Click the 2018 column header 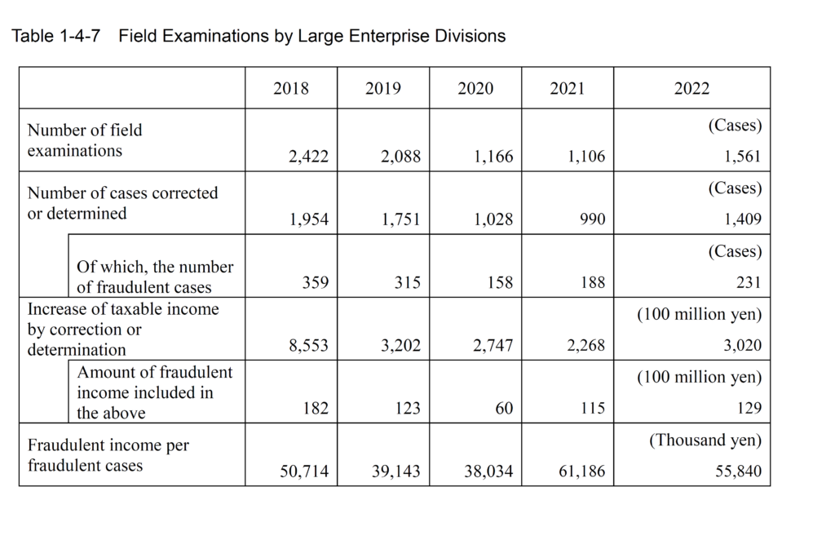[x=291, y=89]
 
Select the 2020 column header [x=475, y=89]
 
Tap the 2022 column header [x=691, y=89]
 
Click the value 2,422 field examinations [x=308, y=157]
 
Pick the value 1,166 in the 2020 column [x=493, y=157]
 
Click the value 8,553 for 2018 [x=308, y=346]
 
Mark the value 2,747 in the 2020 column [x=493, y=346]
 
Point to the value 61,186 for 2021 [x=582, y=471]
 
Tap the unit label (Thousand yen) [x=705, y=440]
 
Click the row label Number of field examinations [x=85, y=140]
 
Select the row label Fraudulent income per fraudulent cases [x=108, y=456]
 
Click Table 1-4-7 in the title [x=56, y=36]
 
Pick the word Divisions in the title [x=469, y=36]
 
